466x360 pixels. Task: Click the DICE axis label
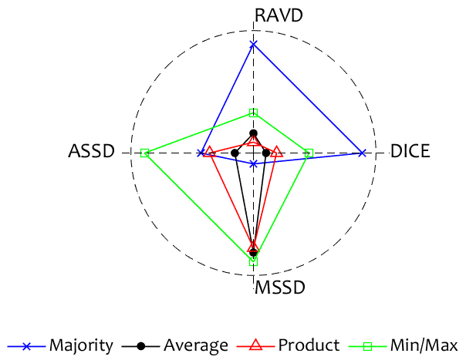[410, 151]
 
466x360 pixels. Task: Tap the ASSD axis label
[91, 151]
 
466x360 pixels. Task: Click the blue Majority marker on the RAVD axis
[253, 44]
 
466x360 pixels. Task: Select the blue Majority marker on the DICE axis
[363, 153]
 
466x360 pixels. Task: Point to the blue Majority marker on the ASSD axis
[201, 153]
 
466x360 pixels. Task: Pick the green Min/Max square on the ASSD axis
[144, 153]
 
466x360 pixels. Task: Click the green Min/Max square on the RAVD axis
[253, 113]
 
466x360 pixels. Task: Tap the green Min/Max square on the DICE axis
[307, 153]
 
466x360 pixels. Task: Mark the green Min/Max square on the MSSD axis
[253, 261]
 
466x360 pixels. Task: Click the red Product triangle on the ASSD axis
[209, 153]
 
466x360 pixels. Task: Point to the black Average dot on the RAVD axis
[253, 133]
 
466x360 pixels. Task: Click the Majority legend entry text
[81, 345]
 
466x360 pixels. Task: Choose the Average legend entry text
[196, 345]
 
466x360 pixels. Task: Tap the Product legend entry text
[309, 345]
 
